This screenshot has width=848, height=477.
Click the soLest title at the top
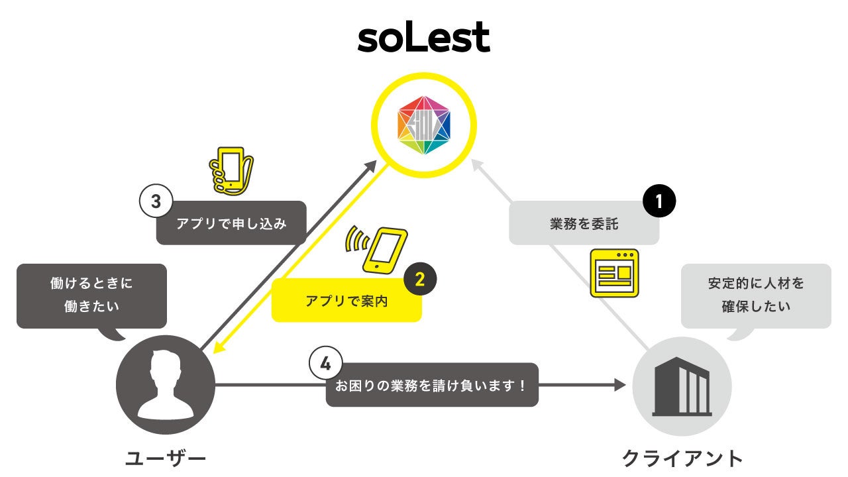(423, 38)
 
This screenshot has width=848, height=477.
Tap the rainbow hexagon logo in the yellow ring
(424, 124)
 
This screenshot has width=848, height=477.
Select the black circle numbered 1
(659, 201)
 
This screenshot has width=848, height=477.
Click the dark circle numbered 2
(420, 279)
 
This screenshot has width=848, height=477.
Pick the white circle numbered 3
(156, 201)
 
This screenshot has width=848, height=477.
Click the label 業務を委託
(584, 224)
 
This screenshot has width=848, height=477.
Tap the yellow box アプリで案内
(346, 301)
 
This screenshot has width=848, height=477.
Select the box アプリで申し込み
(231, 223)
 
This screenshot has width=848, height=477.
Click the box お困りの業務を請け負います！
(432, 385)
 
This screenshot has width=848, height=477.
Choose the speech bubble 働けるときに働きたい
(91, 295)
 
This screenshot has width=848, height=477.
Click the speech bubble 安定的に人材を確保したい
(755, 295)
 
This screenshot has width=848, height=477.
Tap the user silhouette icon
(166, 384)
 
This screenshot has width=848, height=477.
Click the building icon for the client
(682, 384)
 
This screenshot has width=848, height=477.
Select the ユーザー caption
(166, 458)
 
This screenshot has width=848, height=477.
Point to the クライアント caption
(682, 458)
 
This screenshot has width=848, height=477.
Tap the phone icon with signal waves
(378, 249)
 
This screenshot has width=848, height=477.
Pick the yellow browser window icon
(614, 273)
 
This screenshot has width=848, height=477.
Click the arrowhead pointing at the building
(620, 385)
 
